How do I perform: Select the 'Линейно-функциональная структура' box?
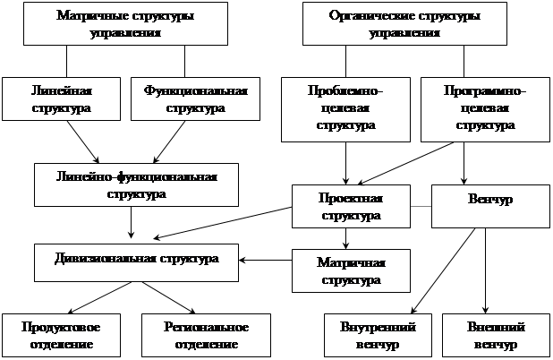click(x=137, y=184)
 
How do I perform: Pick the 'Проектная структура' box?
click(x=351, y=206)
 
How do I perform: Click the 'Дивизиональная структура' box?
click(x=137, y=261)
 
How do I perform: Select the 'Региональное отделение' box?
click(x=194, y=335)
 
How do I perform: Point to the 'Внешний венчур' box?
click(x=496, y=335)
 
